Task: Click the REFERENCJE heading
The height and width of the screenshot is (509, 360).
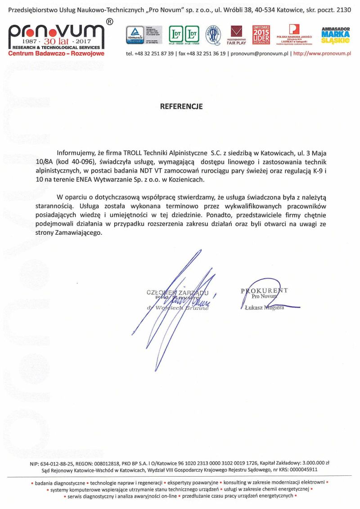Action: (x=181, y=107)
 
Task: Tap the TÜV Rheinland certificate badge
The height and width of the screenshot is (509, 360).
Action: (x=135, y=35)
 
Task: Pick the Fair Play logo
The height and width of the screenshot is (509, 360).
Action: (x=236, y=35)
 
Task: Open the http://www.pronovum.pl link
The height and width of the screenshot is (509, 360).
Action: (x=322, y=53)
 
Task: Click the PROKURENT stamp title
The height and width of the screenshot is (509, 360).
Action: (x=264, y=290)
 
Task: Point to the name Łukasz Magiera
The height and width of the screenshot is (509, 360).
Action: (x=264, y=308)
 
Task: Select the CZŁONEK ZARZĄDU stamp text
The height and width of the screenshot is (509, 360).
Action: (x=177, y=292)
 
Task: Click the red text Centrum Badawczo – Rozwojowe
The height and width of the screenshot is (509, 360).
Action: (x=56, y=54)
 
